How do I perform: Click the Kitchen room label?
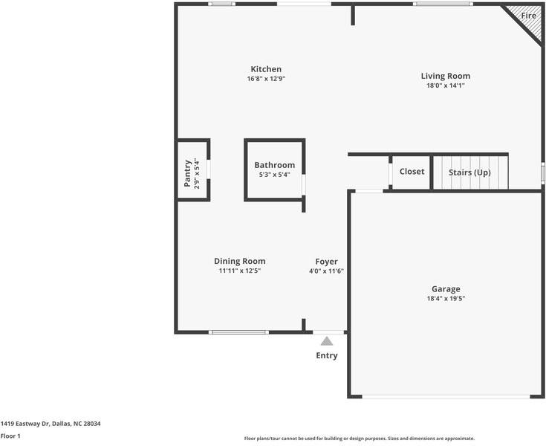click(266, 69)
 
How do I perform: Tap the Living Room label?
click(446, 76)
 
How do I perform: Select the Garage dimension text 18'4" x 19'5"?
click(446, 298)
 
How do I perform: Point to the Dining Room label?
click(239, 261)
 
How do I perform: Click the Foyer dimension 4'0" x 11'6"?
click(326, 271)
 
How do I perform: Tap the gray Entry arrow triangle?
click(327, 341)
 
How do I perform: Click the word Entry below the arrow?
click(327, 355)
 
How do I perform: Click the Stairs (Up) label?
click(469, 172)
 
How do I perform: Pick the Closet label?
click(412, 172)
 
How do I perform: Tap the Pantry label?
click(187, 173)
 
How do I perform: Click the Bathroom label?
click(274, 165)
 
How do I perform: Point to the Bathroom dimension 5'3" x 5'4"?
click(274, 175)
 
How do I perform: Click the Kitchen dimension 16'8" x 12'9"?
click(266, 79)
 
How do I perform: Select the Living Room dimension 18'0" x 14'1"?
click(446, 85)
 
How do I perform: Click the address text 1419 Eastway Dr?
click(25, 424)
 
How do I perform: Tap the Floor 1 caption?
click(10, 436)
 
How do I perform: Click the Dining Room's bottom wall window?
click(238, 332)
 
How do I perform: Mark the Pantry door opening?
click(209, 169)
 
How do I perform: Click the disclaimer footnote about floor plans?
click(360, 439)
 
